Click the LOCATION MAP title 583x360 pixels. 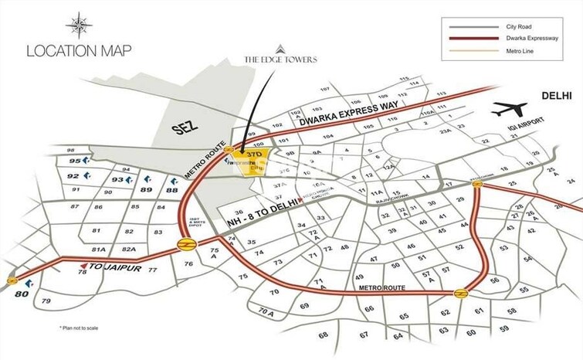[79, 51]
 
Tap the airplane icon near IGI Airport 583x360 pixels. [509, 109]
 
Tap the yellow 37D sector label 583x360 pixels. [255, 155]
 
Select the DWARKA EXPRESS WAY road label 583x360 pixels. [330, 118]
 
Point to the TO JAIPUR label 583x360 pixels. [107, 266]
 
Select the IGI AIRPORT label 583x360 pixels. [530, 124]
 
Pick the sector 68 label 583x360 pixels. [323, 335]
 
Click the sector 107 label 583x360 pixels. [324, 90]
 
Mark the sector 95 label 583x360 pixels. [74, 161]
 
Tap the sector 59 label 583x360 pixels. [504, 328]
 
